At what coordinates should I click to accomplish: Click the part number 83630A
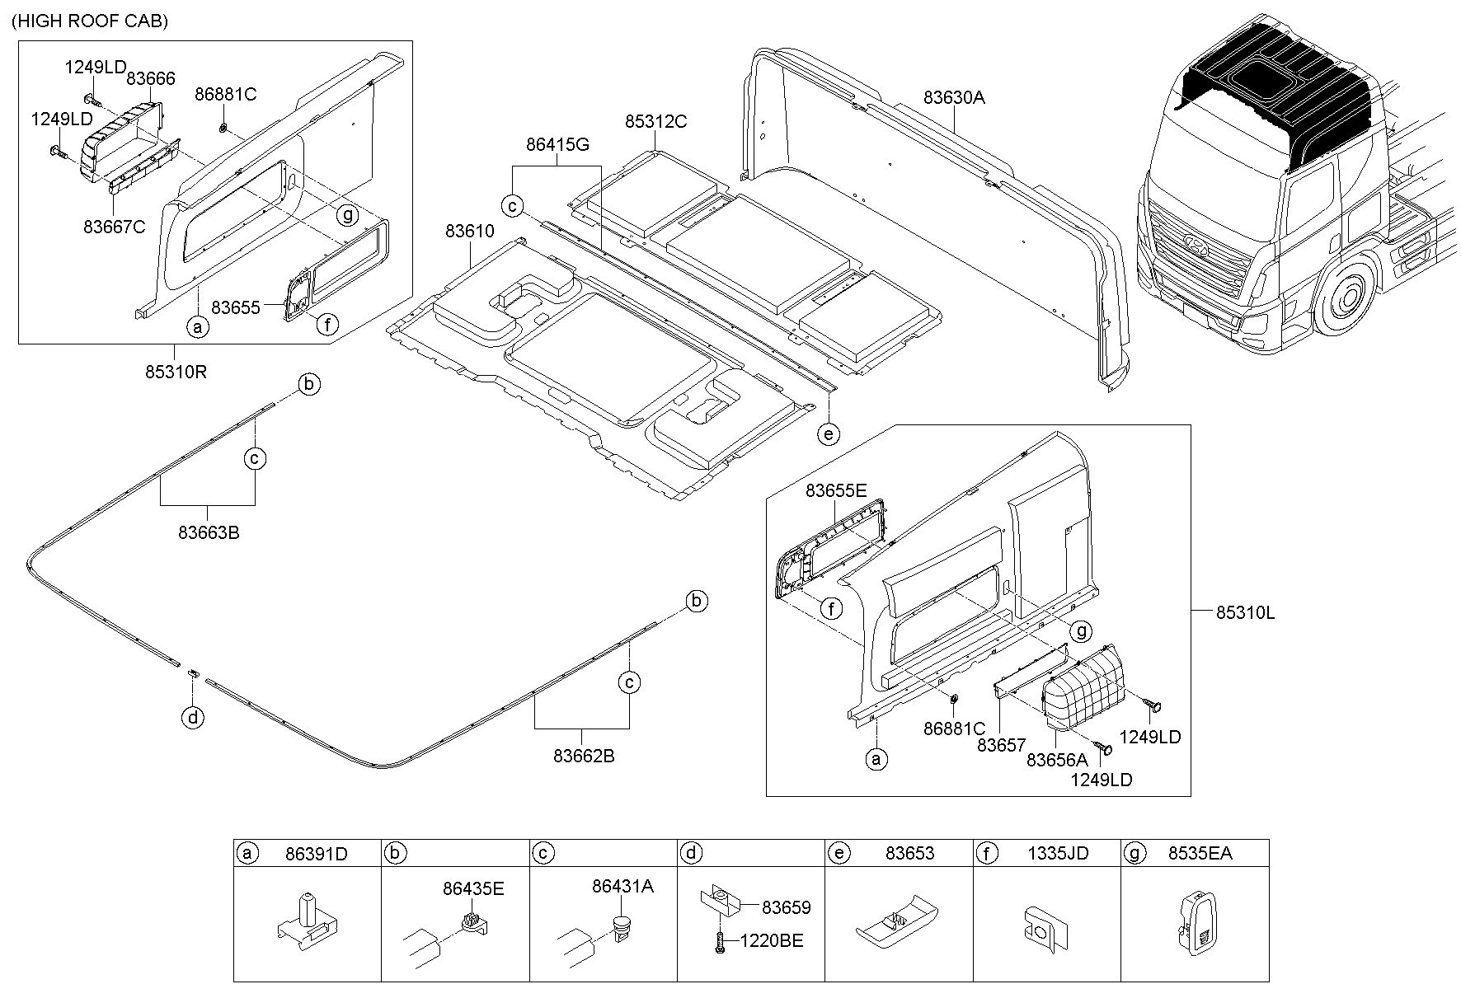point(954,97)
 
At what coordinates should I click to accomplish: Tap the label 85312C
point(655,122)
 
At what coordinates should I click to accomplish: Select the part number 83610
point(470,232)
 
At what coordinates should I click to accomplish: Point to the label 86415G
point(558,145)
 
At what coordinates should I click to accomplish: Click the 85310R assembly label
point(176,372)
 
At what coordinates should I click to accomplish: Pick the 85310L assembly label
point(1245,612)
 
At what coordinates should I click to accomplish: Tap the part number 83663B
point(209,533)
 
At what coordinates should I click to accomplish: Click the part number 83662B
point(584,756)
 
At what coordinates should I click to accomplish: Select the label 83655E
point(836,491)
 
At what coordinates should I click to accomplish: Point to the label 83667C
point(115,226)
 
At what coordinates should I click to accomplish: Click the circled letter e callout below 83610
point(829,433)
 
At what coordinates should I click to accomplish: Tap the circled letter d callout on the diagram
point(193,719)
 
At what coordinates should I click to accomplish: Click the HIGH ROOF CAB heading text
point(90,21)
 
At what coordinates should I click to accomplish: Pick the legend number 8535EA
point(1200,854)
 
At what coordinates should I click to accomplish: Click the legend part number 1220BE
point(772,940)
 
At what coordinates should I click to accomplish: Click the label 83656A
point(1058,761)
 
